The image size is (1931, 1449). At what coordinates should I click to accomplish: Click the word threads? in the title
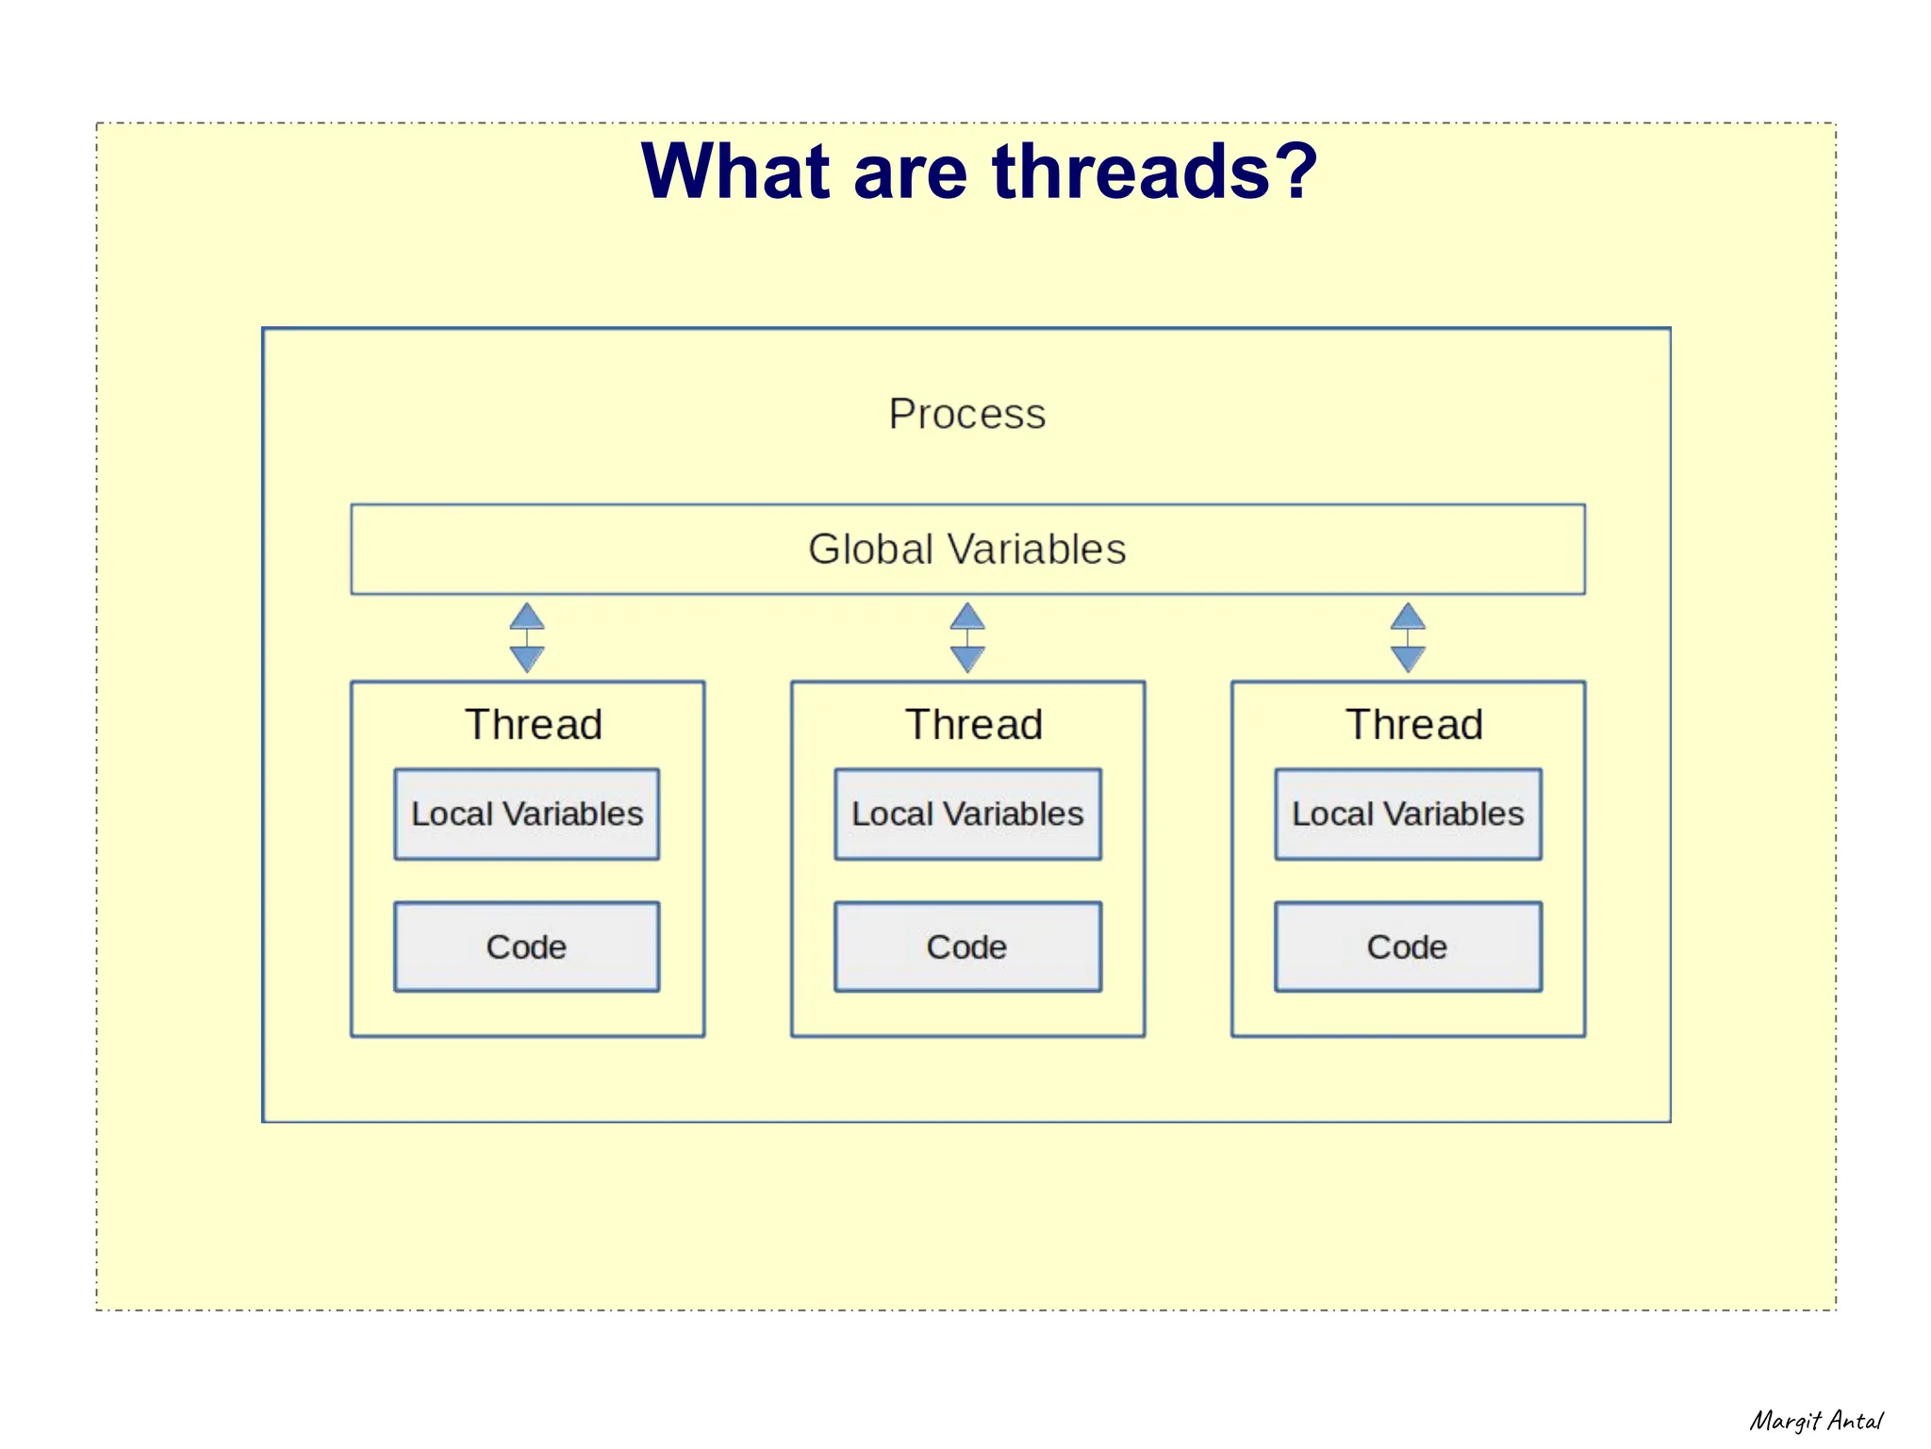[1154, 172]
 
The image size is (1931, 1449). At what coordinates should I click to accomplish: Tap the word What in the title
[736, 172]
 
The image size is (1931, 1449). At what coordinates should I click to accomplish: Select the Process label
[967, 414]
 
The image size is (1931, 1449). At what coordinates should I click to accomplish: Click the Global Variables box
[967, 550]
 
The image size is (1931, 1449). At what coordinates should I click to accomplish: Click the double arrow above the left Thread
[527, 638]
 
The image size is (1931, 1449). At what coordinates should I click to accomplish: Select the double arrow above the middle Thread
[967, 638]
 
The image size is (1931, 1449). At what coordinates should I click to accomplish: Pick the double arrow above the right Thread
[1408, 638]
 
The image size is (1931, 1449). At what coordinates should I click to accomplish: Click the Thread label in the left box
[534, 725]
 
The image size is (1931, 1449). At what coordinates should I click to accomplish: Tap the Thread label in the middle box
[974, 725]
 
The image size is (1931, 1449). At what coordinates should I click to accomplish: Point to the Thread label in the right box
[1414, 725]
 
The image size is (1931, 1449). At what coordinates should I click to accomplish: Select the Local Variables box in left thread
[527, 815]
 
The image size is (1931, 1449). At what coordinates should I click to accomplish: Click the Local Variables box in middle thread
[967, 815]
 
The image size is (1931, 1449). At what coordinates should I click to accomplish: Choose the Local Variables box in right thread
[1408, 815]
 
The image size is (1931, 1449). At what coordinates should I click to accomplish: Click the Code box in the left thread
[527, 947]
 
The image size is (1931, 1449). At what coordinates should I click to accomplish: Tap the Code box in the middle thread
[967, 947]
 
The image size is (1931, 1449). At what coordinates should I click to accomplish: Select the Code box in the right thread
[1408, 947]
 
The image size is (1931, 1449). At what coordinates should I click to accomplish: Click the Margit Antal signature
[1816, 1421]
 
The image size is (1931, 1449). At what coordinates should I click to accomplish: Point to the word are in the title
[910, 172]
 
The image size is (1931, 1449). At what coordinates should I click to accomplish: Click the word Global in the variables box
[870, 550]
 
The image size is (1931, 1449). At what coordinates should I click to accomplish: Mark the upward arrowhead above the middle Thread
[967, 617]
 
